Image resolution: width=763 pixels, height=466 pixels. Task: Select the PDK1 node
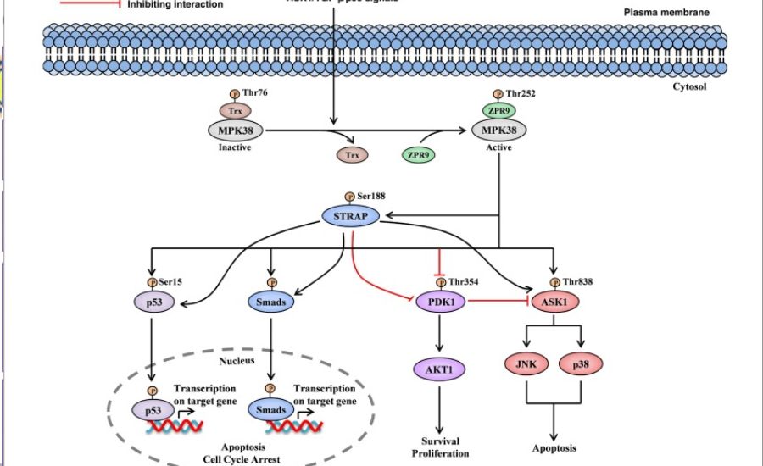point(437,301)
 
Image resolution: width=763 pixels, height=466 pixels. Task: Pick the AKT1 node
point(437,369)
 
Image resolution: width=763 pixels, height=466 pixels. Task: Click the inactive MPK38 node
point(235,130)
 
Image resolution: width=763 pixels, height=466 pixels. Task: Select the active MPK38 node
point(498,130)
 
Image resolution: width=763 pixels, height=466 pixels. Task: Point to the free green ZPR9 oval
point(417,155)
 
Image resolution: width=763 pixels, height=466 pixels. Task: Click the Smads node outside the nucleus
point(271,301)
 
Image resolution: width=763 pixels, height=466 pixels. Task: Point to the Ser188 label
point(369,196)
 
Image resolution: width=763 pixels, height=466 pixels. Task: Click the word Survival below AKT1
point(439,440)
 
